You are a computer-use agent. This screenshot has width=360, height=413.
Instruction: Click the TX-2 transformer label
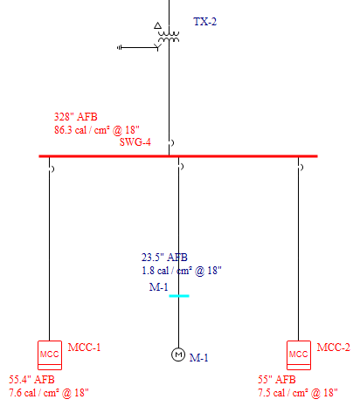point(205,22)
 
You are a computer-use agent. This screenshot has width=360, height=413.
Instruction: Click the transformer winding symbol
point(169,35)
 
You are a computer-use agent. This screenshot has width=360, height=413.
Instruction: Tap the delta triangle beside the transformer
point(157,25)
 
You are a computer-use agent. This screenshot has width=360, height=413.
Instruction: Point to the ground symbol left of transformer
point(120,47)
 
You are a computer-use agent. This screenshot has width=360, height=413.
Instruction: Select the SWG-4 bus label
point(135,142)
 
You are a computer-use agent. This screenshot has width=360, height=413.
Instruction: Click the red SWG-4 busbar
point(178,156)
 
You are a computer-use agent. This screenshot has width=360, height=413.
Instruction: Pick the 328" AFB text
point(76,117)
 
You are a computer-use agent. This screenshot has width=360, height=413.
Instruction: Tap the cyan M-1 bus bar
point(179,296)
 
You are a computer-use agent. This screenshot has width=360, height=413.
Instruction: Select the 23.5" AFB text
point(164,258)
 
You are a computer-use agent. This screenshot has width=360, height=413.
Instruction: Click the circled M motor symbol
point(178,354)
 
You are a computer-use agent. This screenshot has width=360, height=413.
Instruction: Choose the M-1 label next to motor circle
point(199,358)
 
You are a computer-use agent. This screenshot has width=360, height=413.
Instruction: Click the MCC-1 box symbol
point(50,355)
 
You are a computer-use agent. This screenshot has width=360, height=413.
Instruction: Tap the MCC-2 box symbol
point(299,355)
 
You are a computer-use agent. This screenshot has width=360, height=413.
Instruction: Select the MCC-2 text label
point(334,348)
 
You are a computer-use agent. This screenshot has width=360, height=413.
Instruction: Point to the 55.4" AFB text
point(31,380)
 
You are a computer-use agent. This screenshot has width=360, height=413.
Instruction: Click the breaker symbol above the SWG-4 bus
point(172,143)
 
